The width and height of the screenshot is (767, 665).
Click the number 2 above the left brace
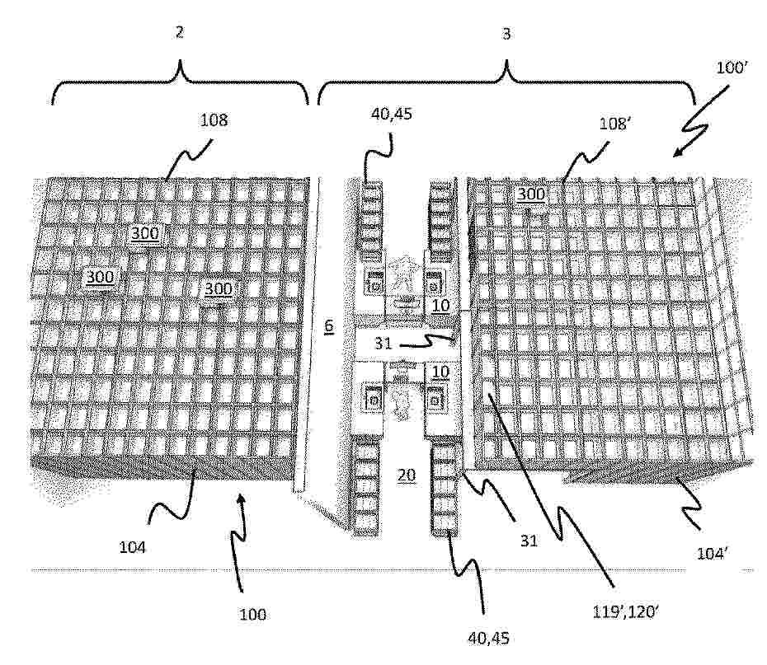180,32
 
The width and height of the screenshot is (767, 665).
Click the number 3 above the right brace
506,34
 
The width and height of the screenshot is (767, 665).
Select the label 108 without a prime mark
214,120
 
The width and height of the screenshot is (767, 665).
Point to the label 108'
613,124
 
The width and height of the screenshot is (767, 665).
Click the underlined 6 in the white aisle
329,325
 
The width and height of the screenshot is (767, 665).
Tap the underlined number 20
406,475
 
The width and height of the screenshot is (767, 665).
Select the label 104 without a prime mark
132,547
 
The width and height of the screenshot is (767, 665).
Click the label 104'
712,554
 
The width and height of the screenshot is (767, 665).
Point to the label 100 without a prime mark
252,614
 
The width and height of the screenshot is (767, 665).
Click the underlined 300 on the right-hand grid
531,194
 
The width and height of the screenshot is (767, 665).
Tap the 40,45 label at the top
391,114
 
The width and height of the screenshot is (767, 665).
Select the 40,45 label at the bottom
489,638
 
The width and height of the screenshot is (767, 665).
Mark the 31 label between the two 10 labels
383,344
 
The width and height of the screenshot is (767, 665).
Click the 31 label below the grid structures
529,541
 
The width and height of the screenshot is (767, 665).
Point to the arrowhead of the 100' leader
675,155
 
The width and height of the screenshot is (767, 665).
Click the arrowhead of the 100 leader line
240,496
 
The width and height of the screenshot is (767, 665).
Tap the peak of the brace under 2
181,61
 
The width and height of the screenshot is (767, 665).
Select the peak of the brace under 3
506,61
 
